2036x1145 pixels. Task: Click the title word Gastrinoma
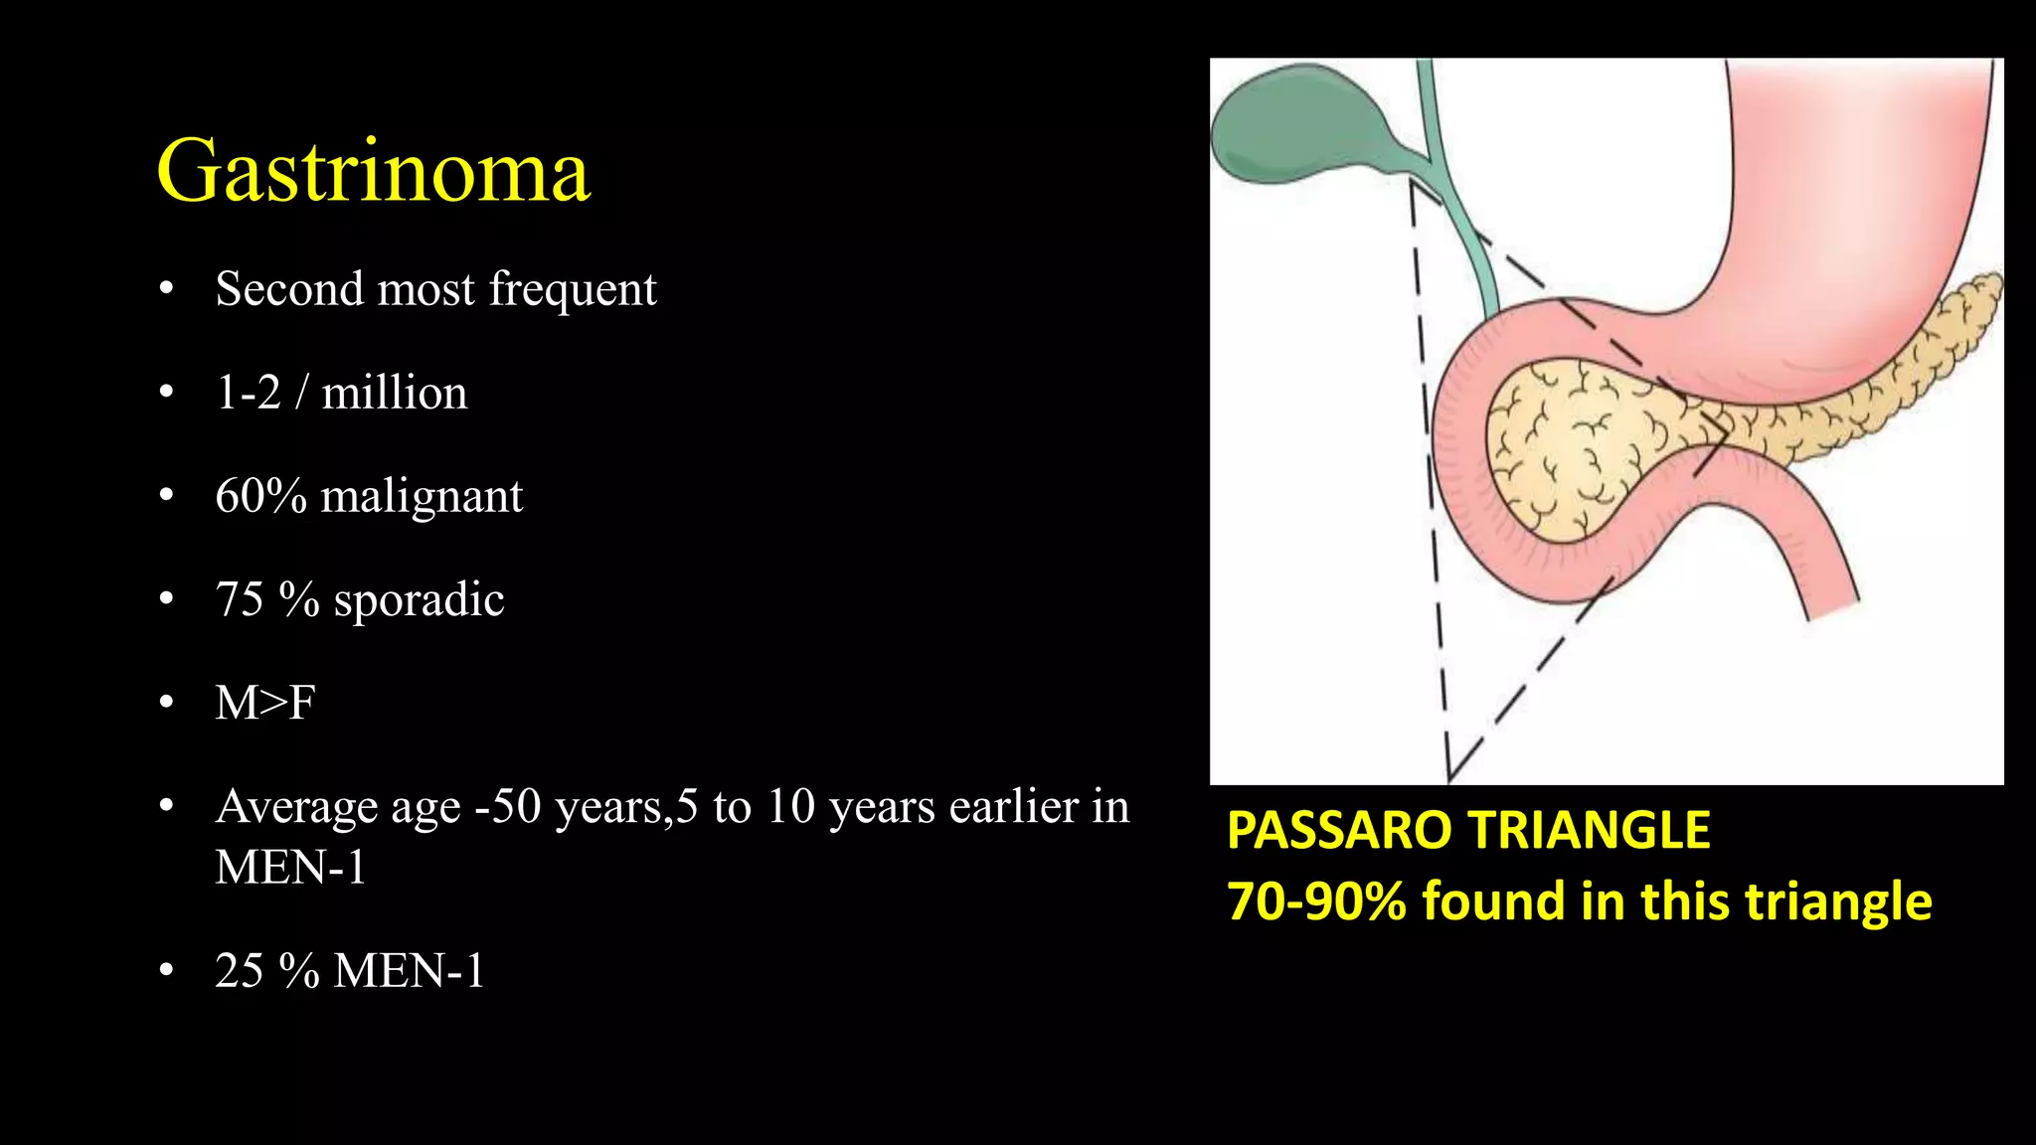[x=374, y=171]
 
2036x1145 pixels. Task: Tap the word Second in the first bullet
[x=289, y=289]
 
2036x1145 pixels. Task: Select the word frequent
[x=573, y=289]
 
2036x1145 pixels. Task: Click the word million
[x=394, y=393]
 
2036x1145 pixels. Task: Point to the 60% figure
[x=260, y=496]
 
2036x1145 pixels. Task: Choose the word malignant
[x=422, y=496]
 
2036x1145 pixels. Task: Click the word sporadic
[x=419, y=599]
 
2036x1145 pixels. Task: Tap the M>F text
[x=265, y=703]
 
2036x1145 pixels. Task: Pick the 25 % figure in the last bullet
[x=266, y=970]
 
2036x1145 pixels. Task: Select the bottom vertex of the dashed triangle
[x=1449, y=778]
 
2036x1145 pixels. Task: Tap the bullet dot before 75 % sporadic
[x=166, y=599]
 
